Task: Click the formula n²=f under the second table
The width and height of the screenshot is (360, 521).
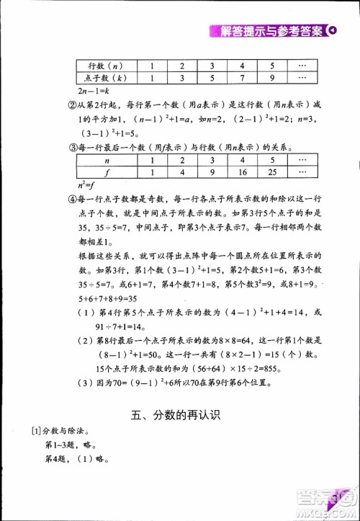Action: click(x=86, y=184)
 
